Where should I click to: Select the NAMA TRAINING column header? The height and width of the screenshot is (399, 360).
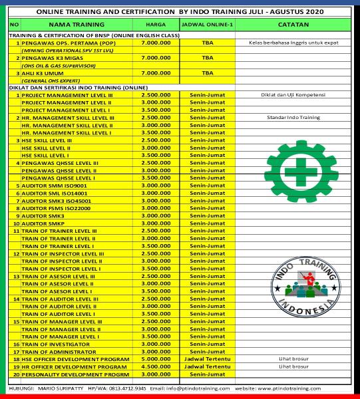(x=71, y=25)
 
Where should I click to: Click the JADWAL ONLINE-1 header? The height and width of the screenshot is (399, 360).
(x=208, y=25)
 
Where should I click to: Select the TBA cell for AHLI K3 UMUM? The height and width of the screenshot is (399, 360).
(x=208, y=73)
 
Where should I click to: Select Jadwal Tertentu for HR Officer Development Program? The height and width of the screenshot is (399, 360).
(x=208, y=366)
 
